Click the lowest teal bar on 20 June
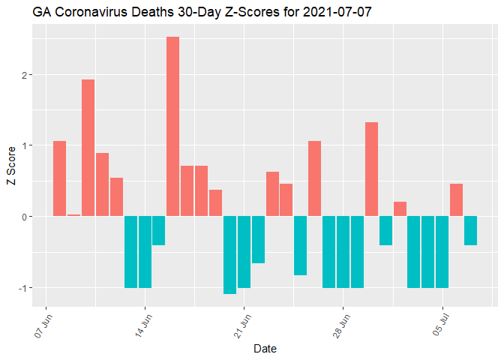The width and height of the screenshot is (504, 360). [x=229, y=255]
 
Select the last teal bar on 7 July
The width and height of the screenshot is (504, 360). [x=470, y=230]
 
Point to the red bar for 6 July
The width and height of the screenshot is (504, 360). [x=456, y=200]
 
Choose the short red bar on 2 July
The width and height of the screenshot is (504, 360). [x=400, y=209]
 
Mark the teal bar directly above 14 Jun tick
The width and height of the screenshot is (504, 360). [x=145, y=252]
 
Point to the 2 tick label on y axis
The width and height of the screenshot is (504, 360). [x=26, y=75]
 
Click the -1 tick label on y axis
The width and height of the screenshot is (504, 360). [x=25, y=288]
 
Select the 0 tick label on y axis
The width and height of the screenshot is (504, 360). [x=26, y=217]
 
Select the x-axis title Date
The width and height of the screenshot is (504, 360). [x=266, y=349]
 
